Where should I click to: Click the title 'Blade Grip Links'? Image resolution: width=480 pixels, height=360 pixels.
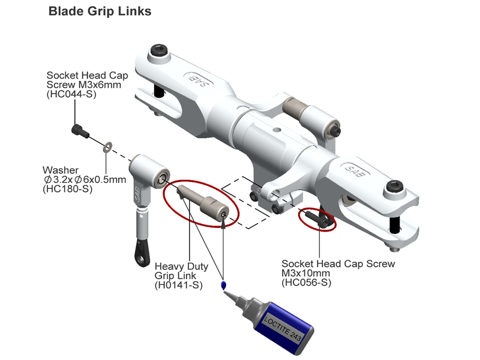tap(100, 11)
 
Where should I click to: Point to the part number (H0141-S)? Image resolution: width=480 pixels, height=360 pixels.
tap(178, 285)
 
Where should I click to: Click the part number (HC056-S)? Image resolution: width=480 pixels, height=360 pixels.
tap(307, 282)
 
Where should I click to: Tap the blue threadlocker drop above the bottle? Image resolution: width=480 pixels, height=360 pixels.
tap(224, 285)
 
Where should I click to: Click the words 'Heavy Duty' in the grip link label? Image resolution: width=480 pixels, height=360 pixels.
tap(181, 266)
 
